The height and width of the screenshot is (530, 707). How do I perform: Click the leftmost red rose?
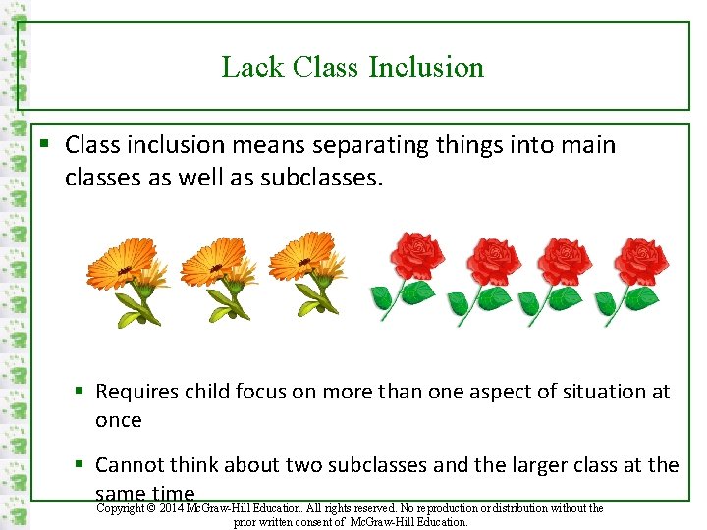[x=409, y=275]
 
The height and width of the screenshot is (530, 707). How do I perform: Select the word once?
[x=119, y=420]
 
